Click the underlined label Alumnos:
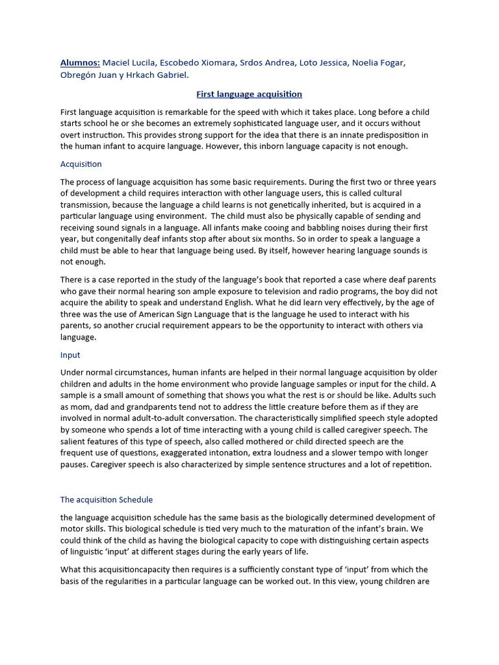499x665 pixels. coord(80,62)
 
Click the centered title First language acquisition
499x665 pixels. coord(249,94)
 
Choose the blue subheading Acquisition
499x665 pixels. coord(81,164)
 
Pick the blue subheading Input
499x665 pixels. coord(70,355)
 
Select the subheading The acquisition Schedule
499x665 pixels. coord(107,499)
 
